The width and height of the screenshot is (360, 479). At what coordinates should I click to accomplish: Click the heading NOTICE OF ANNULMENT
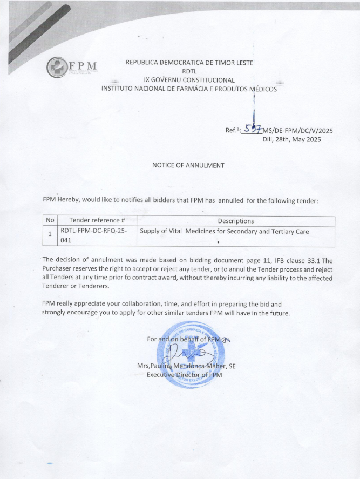(x=188, y=165)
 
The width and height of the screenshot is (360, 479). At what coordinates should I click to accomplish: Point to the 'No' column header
(x=50, y=221)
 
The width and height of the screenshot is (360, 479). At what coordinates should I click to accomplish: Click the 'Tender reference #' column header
(x=97, y=221)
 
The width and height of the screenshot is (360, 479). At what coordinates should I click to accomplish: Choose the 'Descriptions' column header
(x=235, y=221)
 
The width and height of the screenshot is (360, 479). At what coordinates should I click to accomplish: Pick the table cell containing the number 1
(x=50, y=234)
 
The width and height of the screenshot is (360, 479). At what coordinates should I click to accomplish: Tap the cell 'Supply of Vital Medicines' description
(x=225, y=232)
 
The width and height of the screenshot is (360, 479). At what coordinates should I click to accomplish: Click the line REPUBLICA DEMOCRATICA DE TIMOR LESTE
(x=189, y=62)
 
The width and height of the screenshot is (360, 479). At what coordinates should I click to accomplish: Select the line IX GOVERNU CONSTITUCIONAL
(x=189, y=79)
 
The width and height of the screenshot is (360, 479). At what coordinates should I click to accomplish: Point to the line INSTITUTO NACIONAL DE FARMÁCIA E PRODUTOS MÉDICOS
(x=189, y=89)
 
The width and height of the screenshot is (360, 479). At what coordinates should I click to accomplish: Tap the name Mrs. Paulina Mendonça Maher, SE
(x=186, y=366)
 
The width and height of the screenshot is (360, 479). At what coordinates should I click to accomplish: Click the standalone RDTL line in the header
(x=189, y=71)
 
